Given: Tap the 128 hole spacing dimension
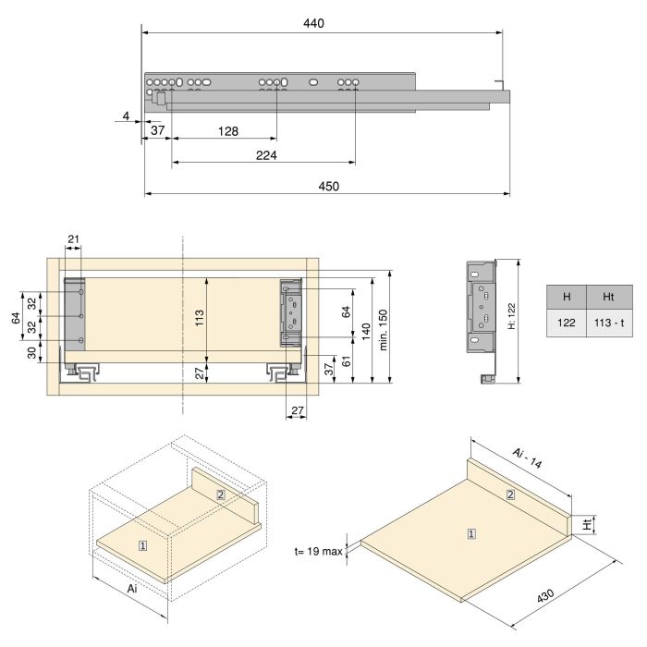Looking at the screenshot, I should [x=227, y=130].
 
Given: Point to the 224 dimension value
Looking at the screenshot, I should [x=267, y=154].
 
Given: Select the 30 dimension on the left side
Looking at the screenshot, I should [x=31, y=352].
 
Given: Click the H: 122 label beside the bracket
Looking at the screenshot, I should [x=511, y=317].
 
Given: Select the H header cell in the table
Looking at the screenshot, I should [x=567, y=298].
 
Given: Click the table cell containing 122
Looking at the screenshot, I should [x=567, y=323].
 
